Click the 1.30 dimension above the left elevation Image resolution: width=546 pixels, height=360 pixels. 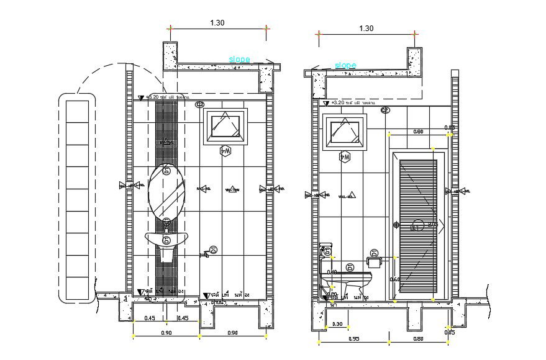(217, 23)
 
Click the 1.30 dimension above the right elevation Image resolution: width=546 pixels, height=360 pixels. (366, 28)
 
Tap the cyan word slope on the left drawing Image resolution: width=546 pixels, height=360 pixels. (239, 60)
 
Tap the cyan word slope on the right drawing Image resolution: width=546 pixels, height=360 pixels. (345, 65)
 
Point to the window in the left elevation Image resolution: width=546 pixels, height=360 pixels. (225, 126)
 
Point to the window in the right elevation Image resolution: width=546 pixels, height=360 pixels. (345, 132)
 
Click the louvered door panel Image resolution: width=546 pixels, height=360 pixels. (418, 225)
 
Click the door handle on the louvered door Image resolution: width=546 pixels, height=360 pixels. (396, 225)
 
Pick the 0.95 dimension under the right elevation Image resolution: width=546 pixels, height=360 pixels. (354, 339)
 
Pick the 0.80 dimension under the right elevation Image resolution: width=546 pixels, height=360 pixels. (418, 339)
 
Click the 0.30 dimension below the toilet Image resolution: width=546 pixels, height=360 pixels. (337, 324)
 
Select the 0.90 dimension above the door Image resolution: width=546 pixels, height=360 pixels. (418, 132)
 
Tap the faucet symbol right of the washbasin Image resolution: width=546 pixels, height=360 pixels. (204, 254)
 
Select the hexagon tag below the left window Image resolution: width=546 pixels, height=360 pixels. (225, 151)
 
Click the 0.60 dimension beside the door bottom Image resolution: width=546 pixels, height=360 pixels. (394, 279)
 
